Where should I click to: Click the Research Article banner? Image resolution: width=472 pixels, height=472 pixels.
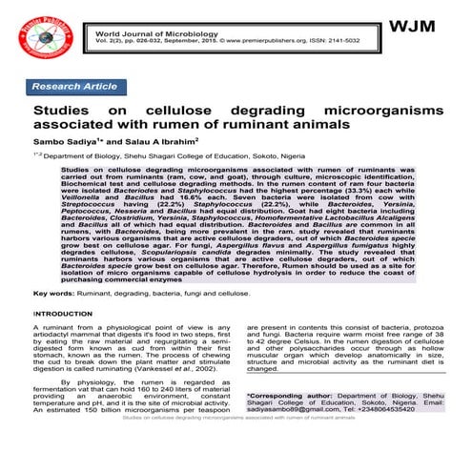74,86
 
